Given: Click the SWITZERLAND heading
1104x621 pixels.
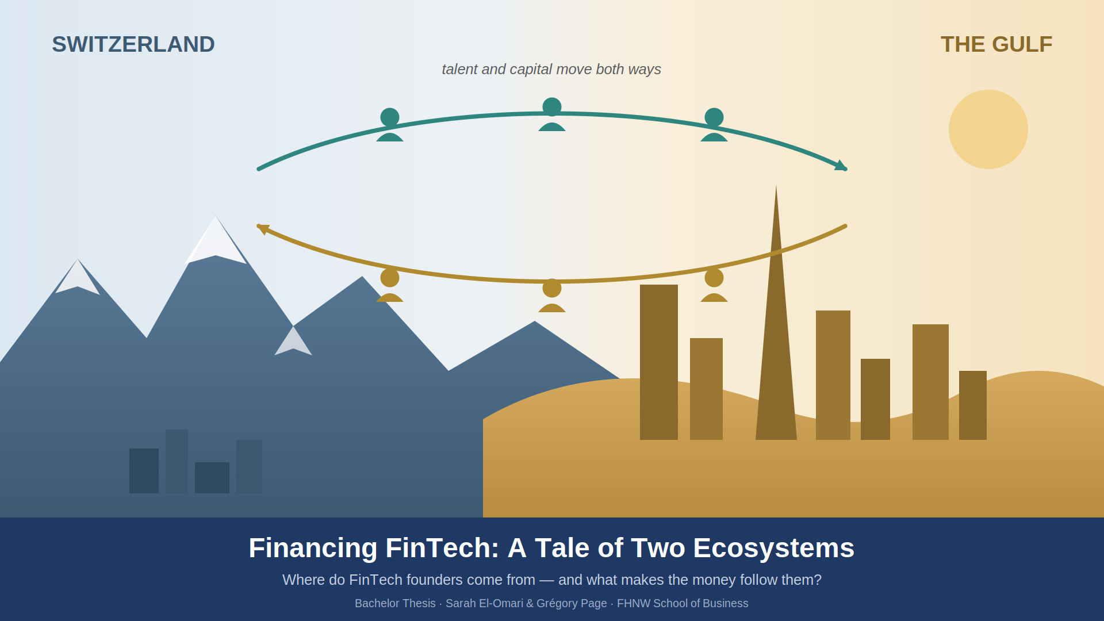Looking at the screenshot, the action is (133, 45).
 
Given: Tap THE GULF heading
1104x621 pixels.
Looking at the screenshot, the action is (996, 45).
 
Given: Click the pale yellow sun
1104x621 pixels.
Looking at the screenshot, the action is (988, 129).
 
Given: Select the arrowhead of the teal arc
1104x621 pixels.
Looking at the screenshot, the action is (841, 166).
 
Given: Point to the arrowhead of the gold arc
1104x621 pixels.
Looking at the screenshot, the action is (263, 229).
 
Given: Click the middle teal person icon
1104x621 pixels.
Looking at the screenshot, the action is (552, 114).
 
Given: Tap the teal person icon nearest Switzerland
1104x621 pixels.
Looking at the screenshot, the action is (390, 125).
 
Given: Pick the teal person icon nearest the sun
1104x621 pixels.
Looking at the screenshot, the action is (714, 125).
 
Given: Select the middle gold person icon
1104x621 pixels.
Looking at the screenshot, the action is (552, 296).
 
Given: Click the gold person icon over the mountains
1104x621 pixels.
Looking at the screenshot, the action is (390, 285).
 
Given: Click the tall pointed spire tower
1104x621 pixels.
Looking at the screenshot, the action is (776, 322).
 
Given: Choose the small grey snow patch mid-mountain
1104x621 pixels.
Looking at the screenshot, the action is (293, 343).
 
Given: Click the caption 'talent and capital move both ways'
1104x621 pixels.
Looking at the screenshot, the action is (551, 70).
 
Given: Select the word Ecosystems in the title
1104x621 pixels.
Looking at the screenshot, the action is (774, 548).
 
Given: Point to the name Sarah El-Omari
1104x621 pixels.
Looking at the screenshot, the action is (484, 603).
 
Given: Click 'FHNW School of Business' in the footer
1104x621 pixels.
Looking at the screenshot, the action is (683, 603).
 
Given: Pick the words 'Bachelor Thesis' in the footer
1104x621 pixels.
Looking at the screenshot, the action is (395, 603).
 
